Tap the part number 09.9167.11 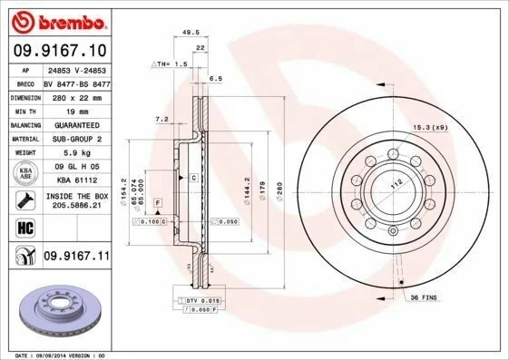click(76, 258)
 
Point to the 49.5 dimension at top click(191, 32)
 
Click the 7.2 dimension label click(162, 119)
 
